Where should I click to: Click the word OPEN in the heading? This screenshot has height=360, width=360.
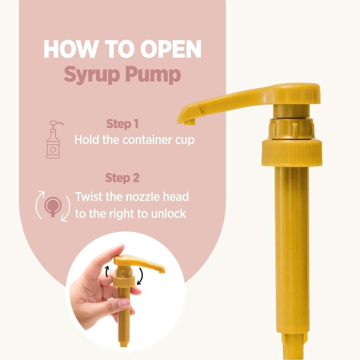[x=171, y=49]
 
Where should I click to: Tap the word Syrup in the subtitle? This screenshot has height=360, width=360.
[x=92, y=75]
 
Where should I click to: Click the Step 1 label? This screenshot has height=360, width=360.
[x=122, y=124]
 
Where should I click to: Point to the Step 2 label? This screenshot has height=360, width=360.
[x=122, y=178]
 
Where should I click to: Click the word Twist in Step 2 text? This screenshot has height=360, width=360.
[x=88, y=197]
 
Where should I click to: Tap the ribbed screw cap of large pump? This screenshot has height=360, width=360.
[x=292, y=152]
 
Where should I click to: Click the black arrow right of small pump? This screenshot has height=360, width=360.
[x=140, y=276]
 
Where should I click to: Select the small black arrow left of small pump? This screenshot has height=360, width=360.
[x=107, y=272]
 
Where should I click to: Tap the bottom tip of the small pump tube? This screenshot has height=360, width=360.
[x=123, y=345]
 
